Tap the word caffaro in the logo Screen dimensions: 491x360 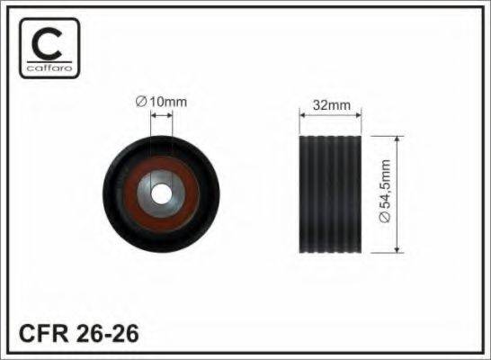click(x=49, y=67)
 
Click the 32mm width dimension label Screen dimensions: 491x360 click(x=332, y=105)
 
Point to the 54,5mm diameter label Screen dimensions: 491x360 click(x=385, y=191)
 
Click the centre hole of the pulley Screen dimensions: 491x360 click(x=161, y=193)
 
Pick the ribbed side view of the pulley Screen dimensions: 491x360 click(x=330, y=194)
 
